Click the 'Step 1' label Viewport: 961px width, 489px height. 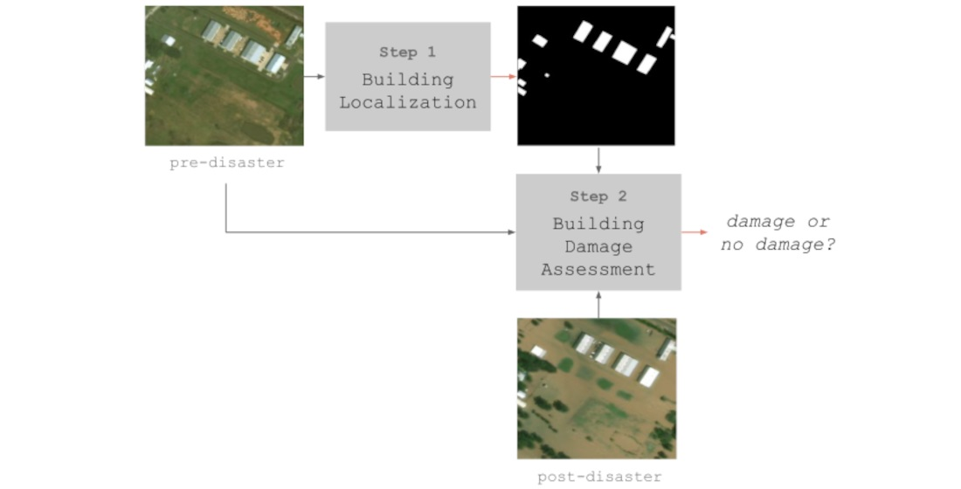407,52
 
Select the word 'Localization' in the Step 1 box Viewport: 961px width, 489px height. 408,102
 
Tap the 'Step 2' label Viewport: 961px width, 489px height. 598,196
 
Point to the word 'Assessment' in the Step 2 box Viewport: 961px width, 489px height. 598,270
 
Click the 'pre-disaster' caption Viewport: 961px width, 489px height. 227,163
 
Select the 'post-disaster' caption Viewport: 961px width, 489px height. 599,477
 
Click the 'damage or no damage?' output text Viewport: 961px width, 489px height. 778,233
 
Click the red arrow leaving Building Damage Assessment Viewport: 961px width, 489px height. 695,232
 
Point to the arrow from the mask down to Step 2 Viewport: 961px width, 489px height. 598,160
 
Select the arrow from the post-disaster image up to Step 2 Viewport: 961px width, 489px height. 598,304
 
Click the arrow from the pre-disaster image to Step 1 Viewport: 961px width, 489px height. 314,77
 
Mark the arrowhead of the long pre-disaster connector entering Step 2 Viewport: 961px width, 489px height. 511,232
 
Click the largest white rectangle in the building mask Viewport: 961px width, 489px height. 624,52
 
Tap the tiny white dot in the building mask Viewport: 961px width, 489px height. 547,76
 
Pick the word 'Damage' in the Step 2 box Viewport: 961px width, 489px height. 598,247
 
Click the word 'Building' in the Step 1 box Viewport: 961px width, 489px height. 408,79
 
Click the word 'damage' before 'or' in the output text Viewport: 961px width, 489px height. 760,222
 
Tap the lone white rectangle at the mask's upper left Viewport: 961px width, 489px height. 540,40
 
